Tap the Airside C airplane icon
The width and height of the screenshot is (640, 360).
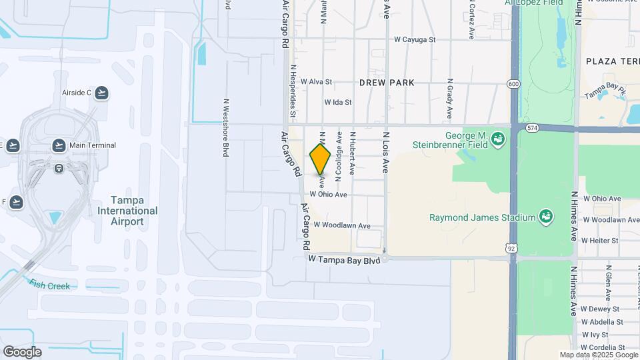101,93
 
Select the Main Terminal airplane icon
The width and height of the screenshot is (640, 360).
59,145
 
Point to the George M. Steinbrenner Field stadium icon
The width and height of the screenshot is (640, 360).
497,139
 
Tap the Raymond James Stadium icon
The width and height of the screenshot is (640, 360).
546,217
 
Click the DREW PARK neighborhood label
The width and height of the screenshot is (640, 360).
387,83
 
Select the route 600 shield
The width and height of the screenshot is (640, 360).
513,83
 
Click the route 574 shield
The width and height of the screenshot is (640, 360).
531,127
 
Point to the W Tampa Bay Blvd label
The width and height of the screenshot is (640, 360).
344,259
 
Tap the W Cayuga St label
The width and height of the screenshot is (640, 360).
414,40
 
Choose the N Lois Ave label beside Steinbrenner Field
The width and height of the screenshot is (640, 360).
385,153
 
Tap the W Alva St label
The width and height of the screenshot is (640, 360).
316,82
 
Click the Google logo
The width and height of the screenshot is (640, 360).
22,352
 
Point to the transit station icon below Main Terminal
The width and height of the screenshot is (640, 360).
59,168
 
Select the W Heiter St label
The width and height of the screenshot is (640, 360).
600,240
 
